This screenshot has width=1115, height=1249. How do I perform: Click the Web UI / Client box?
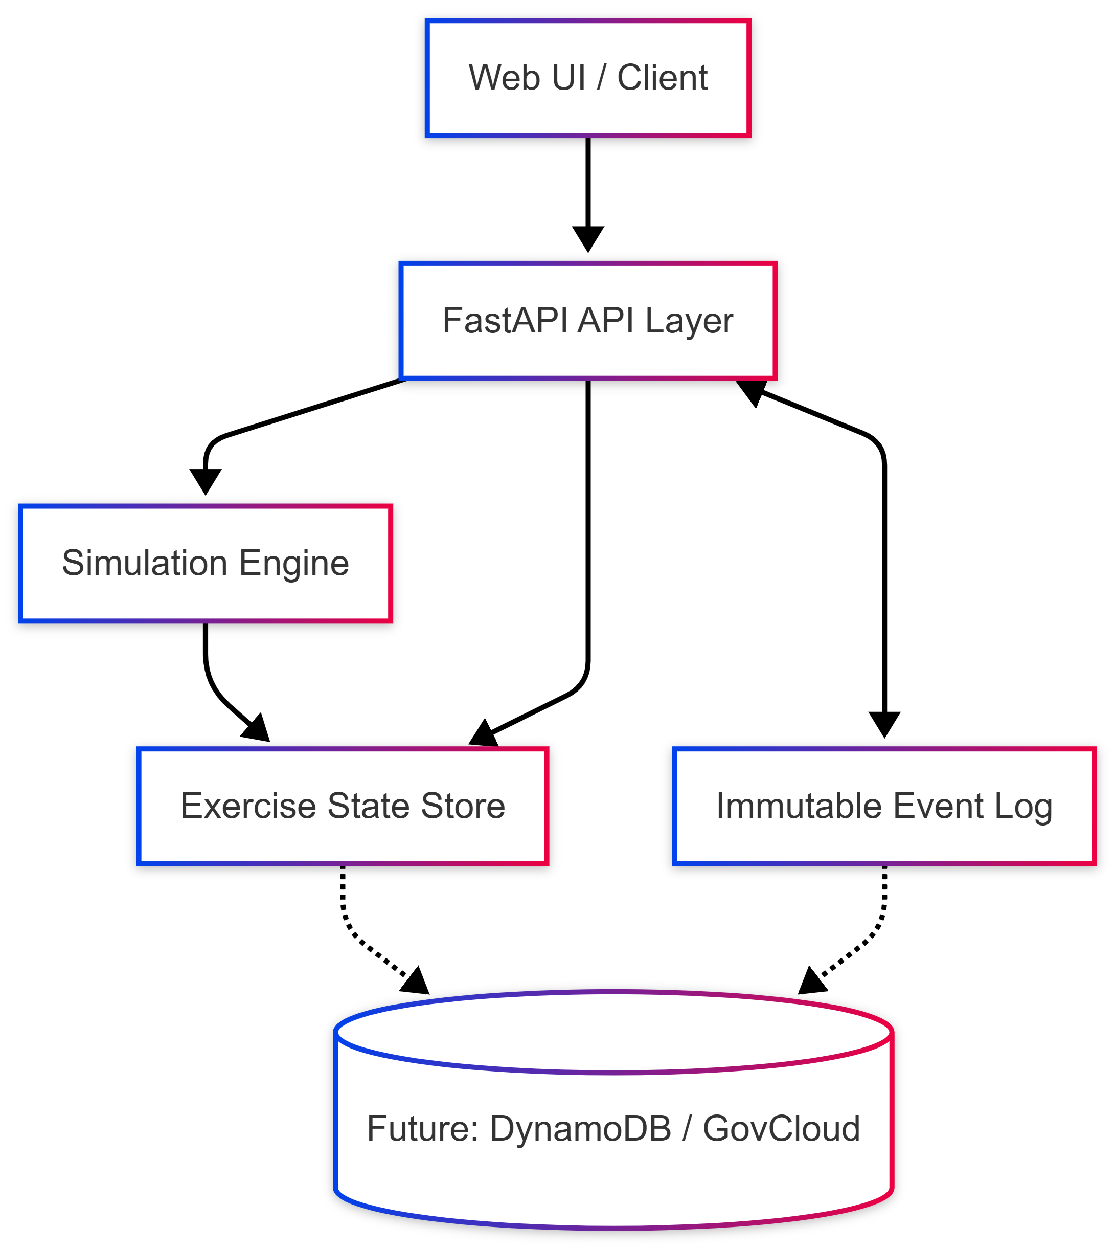click(x=587, y=78)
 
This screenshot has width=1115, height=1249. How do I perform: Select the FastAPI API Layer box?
click(x=587, y=321)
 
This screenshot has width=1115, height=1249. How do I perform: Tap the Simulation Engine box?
click(x=205, y=563)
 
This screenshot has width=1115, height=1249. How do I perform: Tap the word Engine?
click(x=293, y=563)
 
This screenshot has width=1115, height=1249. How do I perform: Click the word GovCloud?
click(x=781, y=1128)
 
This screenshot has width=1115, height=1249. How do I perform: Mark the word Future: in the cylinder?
click(x=423, y=1128)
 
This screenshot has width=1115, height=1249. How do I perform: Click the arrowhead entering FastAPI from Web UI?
click(x=587, y=238)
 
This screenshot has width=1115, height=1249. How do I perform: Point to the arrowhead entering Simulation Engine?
click(x=205, y=480)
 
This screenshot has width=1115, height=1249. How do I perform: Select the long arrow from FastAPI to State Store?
click(x=587, y=551)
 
